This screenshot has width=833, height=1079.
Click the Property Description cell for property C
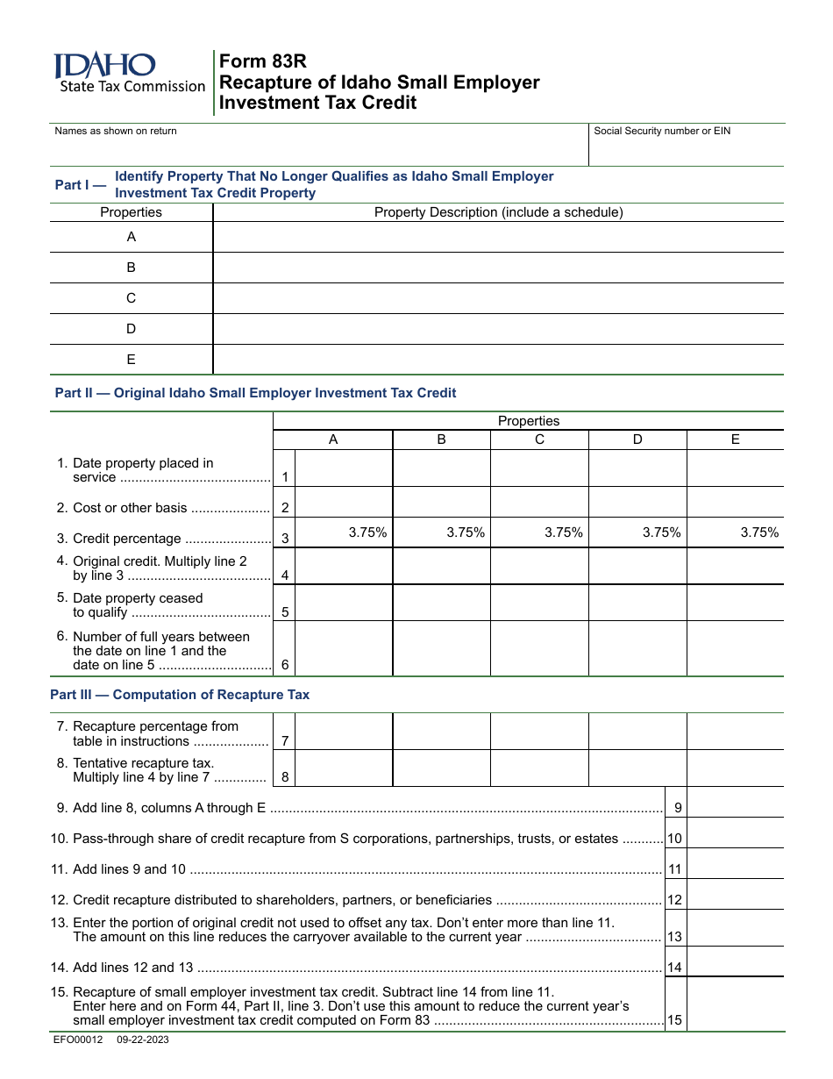coord(498,298)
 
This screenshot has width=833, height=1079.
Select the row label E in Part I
coord(132,359)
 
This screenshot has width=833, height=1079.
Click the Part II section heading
coord(255,393)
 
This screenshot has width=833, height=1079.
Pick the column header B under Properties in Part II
coord(441,439)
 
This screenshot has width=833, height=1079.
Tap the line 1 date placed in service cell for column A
coord(344,468)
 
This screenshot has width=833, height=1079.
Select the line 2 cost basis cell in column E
coord(735,502)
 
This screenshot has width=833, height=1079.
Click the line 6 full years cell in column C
coord(539,649)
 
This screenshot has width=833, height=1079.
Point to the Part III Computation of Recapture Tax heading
coord(180,695)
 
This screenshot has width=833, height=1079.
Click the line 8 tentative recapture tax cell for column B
coord(441,768)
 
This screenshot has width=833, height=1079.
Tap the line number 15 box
coord(674,1020)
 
